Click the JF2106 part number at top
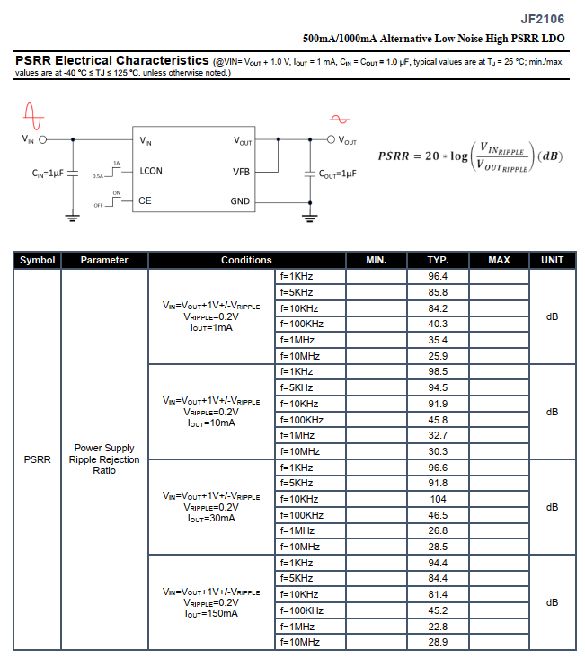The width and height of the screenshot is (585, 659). click(543, 19)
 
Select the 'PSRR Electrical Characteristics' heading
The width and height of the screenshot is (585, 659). click(112, 60)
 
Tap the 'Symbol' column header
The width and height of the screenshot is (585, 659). click(37, 260)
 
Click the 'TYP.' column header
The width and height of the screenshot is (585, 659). click(438, 260)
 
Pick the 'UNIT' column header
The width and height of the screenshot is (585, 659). click(553, 260)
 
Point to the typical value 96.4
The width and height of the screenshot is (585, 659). click(438, 276)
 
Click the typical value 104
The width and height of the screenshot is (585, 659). click(438, 499)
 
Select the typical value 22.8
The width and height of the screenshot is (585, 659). click(438, 627)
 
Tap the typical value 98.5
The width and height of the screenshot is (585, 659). click(438, 371)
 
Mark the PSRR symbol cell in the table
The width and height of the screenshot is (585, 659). click(37, 459)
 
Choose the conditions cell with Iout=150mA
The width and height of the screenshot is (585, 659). click(211, 602)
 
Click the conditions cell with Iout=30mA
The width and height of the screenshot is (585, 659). click(211, 507)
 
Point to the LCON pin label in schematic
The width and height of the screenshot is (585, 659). click(151, 171)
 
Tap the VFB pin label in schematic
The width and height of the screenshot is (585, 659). click(241, 171)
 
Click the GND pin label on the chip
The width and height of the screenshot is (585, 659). click(240, 201)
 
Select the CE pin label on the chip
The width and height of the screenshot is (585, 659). click(145, 201)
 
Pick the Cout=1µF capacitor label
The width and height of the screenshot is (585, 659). click(338, 174)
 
